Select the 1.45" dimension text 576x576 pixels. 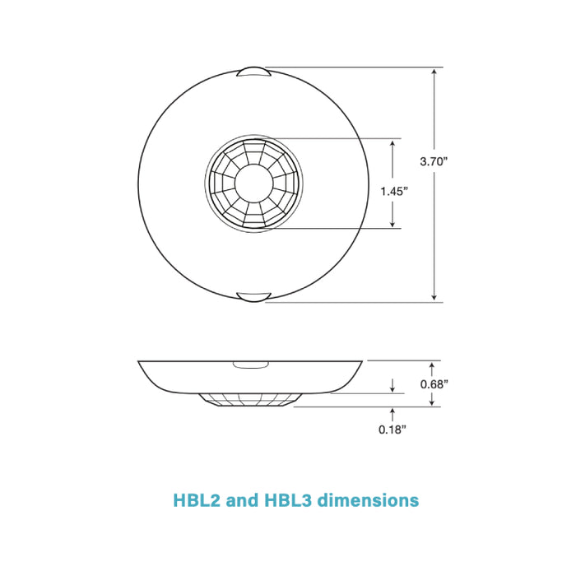click(x=394, y=191)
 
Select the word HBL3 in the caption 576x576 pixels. click(x=289, y=499)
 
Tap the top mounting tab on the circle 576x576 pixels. click(x=253, y=72)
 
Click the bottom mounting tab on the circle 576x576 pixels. click(x=253, y=296)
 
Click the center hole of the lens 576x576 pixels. click(x=253, y=183)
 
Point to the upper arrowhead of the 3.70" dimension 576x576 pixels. click(x=434, y=72)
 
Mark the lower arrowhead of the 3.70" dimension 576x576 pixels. click(x=434, y=296)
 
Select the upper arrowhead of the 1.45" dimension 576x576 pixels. click(x=393, y=143)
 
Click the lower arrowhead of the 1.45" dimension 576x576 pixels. click(x=393, y=223)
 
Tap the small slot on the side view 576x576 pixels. click(x=246, y=364)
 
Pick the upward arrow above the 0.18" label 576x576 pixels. click(x=393, y=411)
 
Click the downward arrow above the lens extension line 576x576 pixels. click(x=393, y=385)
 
